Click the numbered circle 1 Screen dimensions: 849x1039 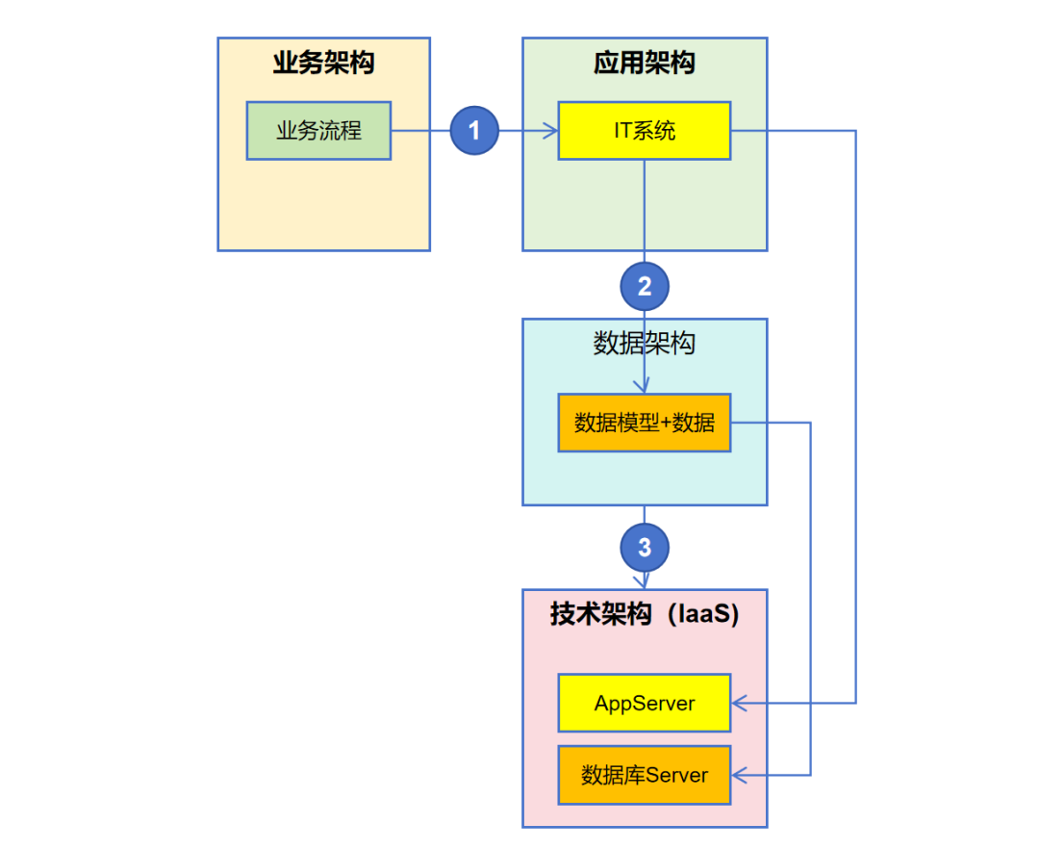point(474,130)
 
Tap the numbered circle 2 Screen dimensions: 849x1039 point(645,286)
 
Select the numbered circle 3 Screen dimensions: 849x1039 point(645,548)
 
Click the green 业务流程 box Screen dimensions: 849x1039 point(318,131)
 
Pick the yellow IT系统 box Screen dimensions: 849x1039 point(645,130)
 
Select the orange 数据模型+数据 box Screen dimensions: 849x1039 point(645,423)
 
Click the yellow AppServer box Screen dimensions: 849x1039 point(645,703)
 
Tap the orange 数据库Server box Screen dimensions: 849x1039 point(645,775)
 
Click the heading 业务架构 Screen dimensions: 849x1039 point(323,64)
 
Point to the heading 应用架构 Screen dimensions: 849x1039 point(645,64)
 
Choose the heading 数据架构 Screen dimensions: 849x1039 point(645,344)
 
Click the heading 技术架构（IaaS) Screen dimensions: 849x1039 point(645,614)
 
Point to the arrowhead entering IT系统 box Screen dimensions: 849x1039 point(551,130)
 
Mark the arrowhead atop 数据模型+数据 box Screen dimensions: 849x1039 point(645,387)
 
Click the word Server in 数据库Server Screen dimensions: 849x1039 point(675,775)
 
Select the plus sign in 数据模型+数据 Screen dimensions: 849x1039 point(663,423)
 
